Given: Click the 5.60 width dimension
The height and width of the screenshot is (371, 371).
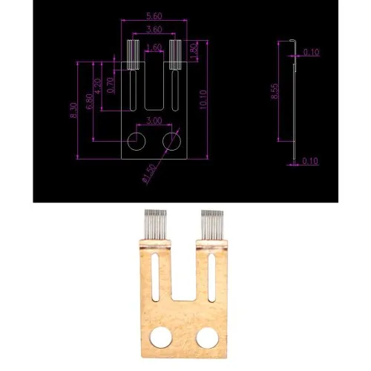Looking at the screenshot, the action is tap(154, 16).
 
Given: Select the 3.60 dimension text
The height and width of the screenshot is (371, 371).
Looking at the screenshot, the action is tap(154, 30).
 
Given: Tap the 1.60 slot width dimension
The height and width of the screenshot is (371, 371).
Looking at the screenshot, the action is tap(154, 47).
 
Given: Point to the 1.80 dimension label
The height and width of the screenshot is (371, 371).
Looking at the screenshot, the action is tap(194, 51).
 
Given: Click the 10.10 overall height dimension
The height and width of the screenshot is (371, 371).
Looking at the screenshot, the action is tap(203, 99).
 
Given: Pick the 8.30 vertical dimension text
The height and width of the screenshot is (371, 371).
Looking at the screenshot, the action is tap(73, 111).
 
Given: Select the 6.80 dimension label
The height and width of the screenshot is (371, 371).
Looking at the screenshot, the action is tap(90, 101).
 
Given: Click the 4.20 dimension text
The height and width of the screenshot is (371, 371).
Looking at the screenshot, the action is tap(98, 86).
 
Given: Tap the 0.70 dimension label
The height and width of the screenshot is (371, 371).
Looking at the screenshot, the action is tap(111, 85).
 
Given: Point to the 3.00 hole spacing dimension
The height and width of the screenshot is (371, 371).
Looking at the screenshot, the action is tap(154, 121).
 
